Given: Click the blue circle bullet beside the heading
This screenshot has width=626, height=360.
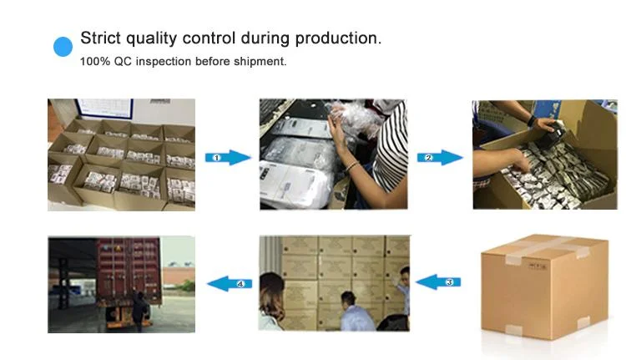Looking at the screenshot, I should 63,47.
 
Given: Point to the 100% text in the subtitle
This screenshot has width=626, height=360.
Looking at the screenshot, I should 93,62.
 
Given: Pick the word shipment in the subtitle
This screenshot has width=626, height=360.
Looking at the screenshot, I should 260,62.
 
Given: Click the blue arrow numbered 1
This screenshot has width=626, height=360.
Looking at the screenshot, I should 226,157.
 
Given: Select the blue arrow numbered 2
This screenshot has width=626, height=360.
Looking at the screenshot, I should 440,157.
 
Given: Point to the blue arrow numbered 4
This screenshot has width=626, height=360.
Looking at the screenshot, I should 230,283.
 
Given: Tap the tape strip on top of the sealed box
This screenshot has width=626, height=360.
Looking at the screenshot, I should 543,244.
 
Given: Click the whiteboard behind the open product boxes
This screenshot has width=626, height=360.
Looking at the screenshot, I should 103,108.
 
